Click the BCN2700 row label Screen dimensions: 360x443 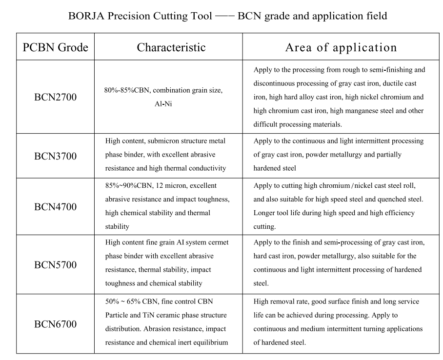(x=55, y=97)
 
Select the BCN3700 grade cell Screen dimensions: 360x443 (x=55, y=156)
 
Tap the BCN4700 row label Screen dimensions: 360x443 (x=55, y=206)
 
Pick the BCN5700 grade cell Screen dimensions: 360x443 (x=55, y=265)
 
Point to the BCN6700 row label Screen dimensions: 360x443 (x=55, y=324)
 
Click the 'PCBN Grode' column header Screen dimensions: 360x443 (x=55, y=47)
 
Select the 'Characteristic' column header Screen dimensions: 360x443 (x=171, y=47)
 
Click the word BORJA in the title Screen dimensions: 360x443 (x=85, y=16)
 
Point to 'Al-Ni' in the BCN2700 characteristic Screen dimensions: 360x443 (x=163, y=104)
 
